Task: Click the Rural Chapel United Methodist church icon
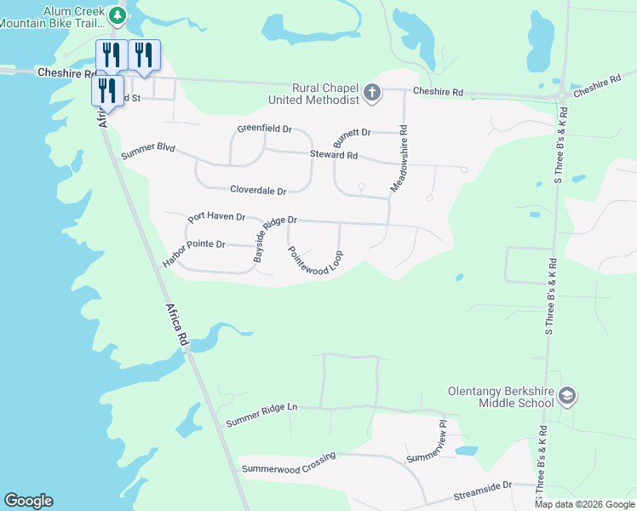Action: click(x=371, y=92)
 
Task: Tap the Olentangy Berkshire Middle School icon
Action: click(x=568, y=397)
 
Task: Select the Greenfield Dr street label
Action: click(x=264, y=129)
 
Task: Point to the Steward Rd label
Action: click(x=334, y=156)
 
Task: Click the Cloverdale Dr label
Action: click(x=258, y=191)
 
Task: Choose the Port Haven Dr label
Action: click(x=216, y=217)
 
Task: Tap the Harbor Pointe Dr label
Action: click(x=193, y=253)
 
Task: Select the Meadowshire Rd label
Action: click(x=399, y=158)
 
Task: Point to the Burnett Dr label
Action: click(x=353, y=133)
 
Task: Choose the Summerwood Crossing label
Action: click(x=288, y=462)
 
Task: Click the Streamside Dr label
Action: click(x=482, y=486)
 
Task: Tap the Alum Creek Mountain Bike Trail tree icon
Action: click(x=117, y=14)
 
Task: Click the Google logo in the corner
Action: click(x=28, y=501)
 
